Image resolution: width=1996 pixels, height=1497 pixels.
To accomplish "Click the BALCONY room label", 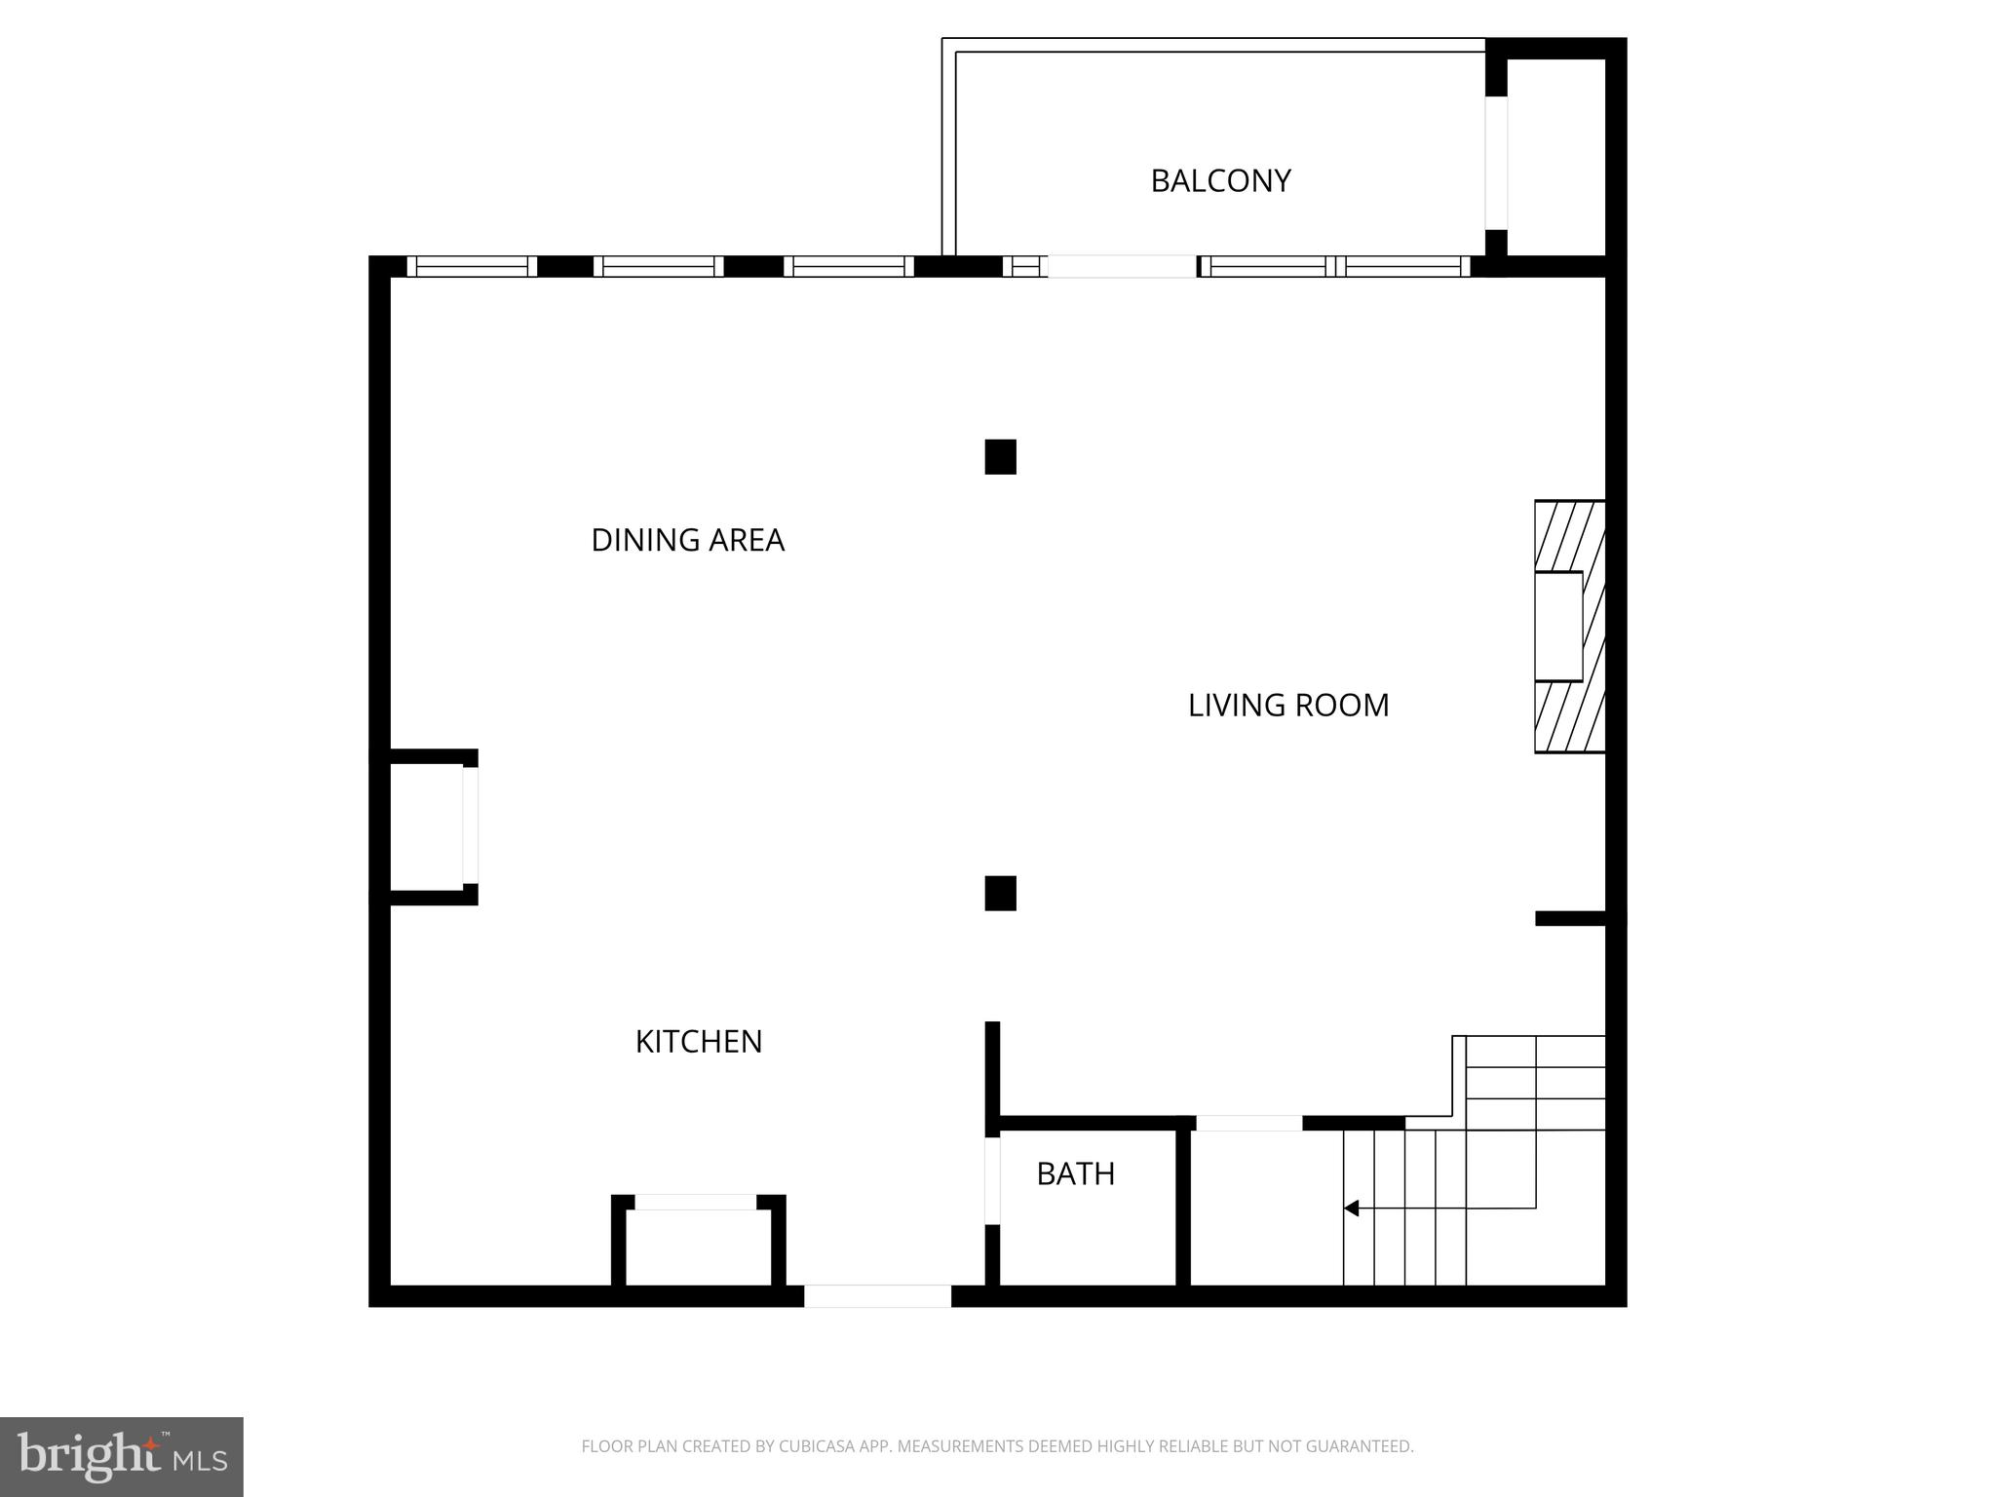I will coord(1220,181).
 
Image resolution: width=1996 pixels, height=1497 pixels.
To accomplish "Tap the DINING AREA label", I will coord(687,540).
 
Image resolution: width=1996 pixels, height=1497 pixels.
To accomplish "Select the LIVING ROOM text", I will coord(1287,706).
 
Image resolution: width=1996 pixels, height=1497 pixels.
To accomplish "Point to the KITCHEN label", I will coord(698,1042).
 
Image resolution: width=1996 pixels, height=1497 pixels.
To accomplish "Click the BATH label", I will coord(1075,1174).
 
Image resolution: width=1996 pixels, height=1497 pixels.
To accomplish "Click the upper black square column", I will coord(1000,457).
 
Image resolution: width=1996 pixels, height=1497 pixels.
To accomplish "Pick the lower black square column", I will coord(1000,893).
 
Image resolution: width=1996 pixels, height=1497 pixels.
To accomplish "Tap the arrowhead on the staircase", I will coord(1352,1209).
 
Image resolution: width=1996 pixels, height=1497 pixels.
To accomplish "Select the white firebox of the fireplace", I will coord(1557,626).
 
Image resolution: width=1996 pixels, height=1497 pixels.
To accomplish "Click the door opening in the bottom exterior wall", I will coord(877,1296).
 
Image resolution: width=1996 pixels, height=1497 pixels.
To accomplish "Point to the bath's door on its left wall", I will coord(992,1180).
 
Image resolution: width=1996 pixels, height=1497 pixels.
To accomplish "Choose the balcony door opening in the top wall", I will coord(1122,266).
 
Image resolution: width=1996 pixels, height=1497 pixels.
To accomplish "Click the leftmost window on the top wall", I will coord(472,266).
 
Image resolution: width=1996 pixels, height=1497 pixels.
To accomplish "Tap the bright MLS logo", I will coord(122,1456).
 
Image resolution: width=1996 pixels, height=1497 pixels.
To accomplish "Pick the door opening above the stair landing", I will coord(1248,1123).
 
